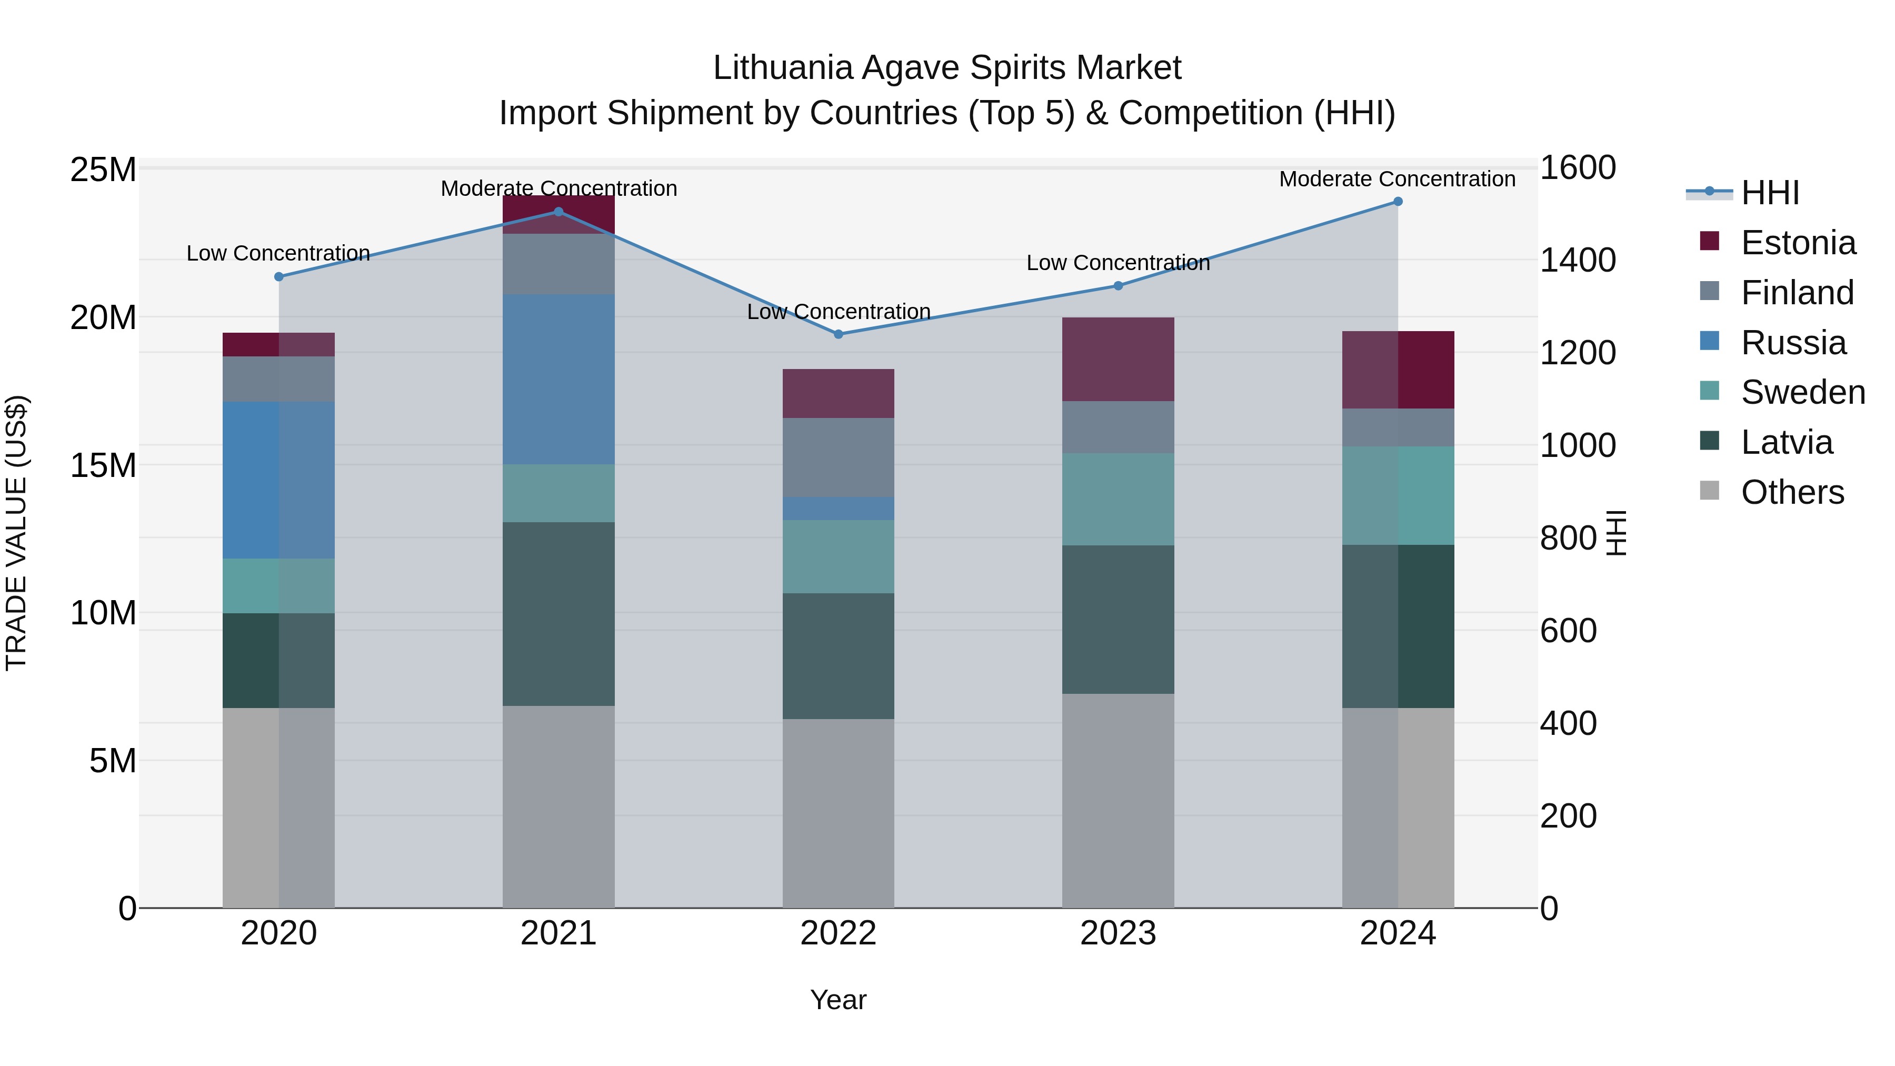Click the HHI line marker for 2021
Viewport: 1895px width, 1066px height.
coord(558,212)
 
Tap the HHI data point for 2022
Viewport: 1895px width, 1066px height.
coord(838,334)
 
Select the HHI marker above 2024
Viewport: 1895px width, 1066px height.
coord(1398,202)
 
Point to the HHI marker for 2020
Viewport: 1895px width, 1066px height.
coord(279,276)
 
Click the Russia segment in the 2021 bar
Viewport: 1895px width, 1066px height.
coord(558,379)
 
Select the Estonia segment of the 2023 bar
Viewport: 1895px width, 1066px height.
coord(1118,359)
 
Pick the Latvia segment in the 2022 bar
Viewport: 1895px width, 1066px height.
coord(838,655)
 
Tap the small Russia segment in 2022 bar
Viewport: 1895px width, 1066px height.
coord(838,509)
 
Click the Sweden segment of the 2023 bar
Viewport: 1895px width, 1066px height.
coord(1118,499)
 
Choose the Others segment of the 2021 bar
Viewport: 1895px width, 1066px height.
coord(558,806)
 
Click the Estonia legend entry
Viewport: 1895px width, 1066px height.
coord(1798,243)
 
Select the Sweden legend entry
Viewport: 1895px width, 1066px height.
coord(1802,392)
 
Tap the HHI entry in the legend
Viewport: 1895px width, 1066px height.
coord(1770,193)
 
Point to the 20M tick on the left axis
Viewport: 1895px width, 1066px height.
coord(103,318)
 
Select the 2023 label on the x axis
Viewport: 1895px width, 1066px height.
coord(1118,933)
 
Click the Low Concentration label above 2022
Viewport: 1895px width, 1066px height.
coord(838,312)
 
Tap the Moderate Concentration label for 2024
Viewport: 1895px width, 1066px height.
coord(1397,180)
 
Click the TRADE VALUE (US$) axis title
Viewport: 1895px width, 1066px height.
coord(16,533)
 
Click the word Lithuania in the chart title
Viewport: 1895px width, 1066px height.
coord(781,68)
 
